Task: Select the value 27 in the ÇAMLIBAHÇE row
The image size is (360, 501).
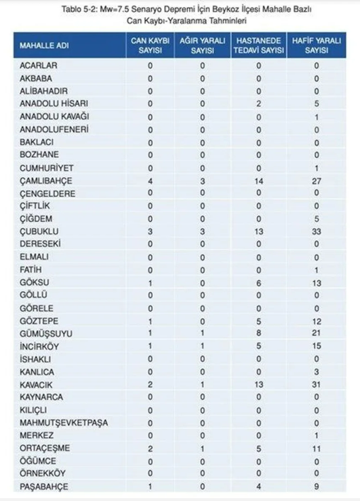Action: [x=316, y=180]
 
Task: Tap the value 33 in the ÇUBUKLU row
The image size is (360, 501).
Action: [x=316, y=231]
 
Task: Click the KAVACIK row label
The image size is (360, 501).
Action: [x=35, y=383]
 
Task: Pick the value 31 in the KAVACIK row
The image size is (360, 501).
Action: [x=316, y=383]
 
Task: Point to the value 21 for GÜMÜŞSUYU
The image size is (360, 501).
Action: [x=316, y=333]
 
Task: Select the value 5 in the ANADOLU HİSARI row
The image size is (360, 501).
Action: [x=316, y=103]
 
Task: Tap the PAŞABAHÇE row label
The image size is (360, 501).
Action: [x=42, y=485]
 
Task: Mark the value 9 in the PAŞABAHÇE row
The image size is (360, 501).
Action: [x=316, y=485]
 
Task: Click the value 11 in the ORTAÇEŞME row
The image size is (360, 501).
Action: [x=316, y=447]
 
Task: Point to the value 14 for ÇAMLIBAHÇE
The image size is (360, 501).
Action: [x=259, y=180]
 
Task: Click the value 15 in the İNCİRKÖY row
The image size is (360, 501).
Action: [x=316, y=346]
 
